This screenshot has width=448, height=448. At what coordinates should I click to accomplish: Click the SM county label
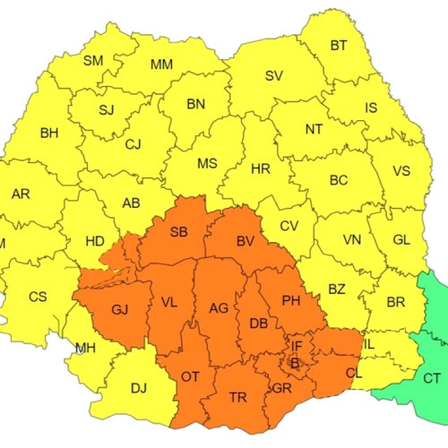click(93, 61)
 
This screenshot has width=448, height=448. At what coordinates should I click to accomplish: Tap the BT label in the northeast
click(339, 46)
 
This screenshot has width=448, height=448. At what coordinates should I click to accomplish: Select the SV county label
click(273, 75)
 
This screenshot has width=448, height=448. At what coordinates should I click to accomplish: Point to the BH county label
click(49, 134)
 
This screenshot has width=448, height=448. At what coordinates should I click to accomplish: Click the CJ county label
click(134, 144)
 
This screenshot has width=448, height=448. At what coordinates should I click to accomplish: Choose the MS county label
click(207, 164)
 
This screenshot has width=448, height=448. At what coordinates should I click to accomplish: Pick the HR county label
click(261, 168)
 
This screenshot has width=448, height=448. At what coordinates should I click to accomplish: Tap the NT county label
click(314, 129)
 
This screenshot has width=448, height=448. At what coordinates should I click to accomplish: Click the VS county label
click(401, 172)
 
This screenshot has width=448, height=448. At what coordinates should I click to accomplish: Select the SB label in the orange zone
click(178, 232)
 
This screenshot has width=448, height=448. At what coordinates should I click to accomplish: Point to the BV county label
click(246, 242)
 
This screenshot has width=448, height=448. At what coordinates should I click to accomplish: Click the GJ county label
click(120, 310)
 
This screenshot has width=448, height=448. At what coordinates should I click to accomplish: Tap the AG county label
click(218, 308)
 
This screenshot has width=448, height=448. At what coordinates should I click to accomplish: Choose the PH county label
click(291, 300)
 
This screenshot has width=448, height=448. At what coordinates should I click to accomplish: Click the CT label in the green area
click(432, 378)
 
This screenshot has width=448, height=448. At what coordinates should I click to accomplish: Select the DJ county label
click(139, 388)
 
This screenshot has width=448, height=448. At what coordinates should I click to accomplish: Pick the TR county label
click(238, 397)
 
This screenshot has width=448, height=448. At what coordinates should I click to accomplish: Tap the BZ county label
click(336, 289)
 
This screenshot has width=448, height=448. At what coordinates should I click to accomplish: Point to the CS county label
click(38, 297)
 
